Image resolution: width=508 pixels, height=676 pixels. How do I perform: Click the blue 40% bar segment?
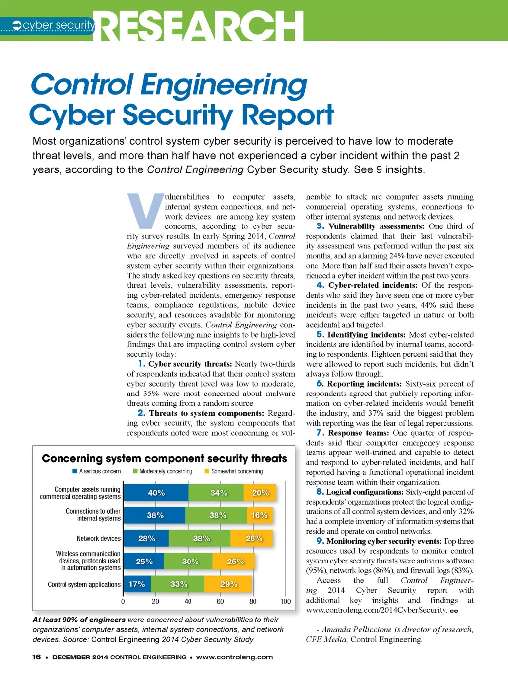coord(156,493)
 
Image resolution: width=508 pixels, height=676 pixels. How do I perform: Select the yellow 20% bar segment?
coord(259,493)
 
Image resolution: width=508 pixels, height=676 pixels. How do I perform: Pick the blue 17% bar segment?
coord(137,584)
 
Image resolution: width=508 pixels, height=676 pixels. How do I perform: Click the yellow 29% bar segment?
coord(228,584)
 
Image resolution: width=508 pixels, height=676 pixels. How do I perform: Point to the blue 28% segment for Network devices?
coord(146,538)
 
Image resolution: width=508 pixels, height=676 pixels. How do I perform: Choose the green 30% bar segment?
coord(190,562)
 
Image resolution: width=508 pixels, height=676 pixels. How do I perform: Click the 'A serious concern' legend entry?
coord(97,471)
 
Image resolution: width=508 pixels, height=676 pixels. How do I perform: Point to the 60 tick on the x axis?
coord(220,601)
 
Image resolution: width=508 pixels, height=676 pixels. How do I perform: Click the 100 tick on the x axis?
coord(285,601)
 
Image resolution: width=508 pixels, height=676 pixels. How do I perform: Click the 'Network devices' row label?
coord(98,538)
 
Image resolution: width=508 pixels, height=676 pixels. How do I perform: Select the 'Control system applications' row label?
coord(84,585)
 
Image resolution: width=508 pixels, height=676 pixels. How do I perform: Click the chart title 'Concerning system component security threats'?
coord(164,458)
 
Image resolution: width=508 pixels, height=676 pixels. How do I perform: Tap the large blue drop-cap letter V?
coord(145,211)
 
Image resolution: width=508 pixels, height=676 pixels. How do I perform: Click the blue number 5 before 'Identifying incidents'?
coord(320,335)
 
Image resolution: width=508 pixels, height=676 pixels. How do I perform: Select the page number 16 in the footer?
coord(36,657)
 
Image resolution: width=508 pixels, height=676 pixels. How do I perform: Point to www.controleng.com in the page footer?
coord(234,657)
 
